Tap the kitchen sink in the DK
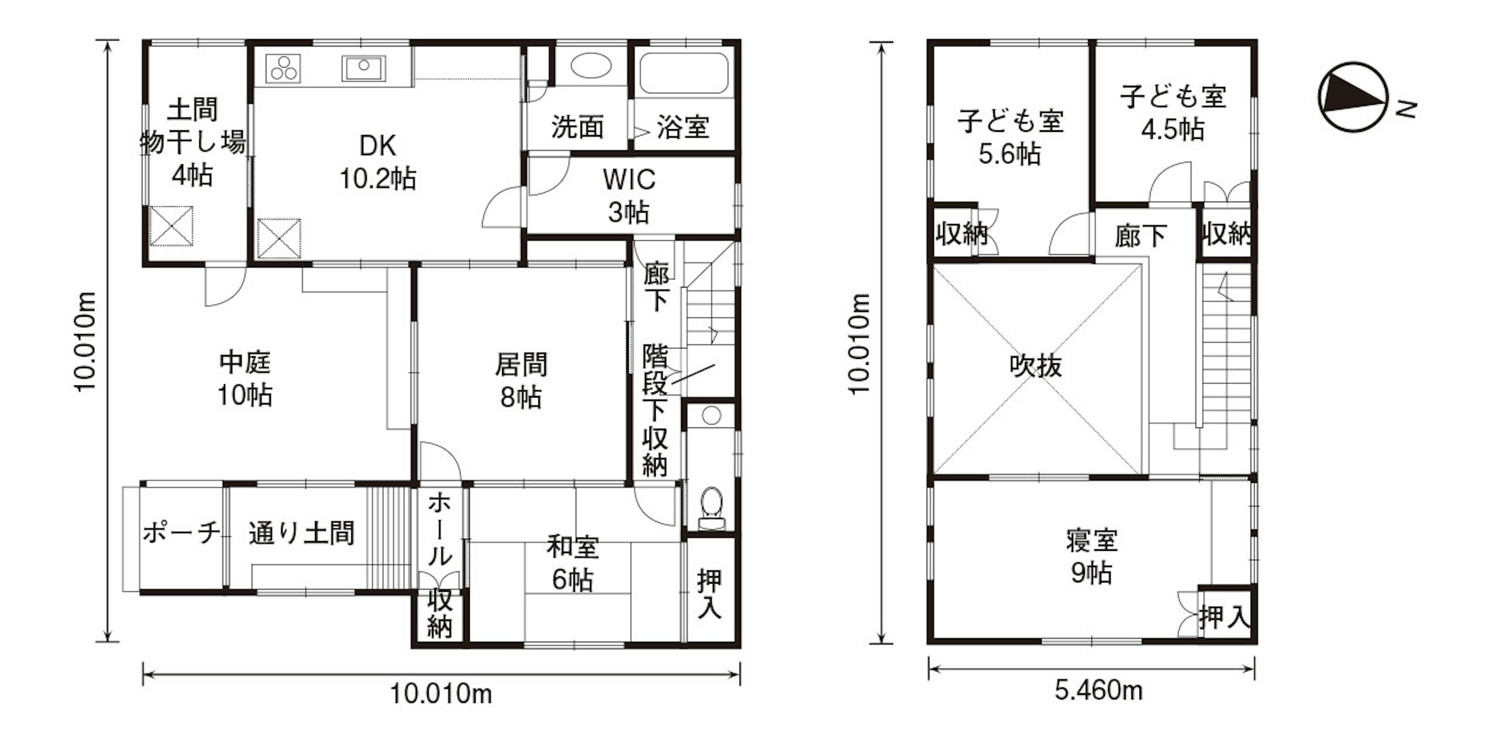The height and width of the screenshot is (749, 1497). coord(364,68)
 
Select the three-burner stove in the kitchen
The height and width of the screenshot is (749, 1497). coord(284,68)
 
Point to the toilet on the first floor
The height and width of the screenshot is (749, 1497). coord(711,507)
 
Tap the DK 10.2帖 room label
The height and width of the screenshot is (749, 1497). coord(378,162)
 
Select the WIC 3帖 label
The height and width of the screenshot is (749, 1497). coord(629,195)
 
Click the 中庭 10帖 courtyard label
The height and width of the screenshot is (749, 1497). coord(245,379)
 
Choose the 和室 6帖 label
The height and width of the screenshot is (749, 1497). coord(572,563)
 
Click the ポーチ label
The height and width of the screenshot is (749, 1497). coord(182,532)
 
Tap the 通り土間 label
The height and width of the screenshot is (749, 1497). coord(301,533)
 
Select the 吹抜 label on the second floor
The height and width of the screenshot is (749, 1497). coord(1036,366)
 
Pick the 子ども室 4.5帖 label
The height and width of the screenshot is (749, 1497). coord(1173,112)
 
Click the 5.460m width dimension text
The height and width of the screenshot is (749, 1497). coord(1099,691)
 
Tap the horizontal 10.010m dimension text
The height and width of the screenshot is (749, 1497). coord(440,694)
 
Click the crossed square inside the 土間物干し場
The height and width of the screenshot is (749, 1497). coord(171,226)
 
